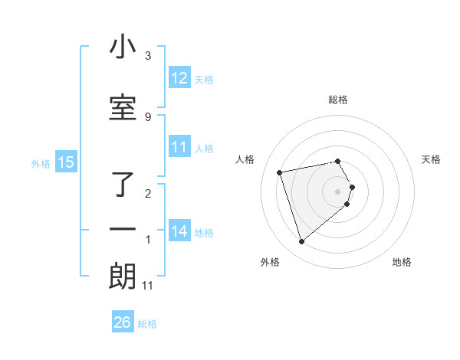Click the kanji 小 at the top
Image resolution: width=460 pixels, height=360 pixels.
tap(123, 47)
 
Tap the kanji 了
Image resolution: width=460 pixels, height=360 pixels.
tap(123, 184)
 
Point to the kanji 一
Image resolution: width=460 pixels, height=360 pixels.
tap(123, 229)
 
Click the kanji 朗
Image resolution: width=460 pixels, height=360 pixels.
tap(123, 276)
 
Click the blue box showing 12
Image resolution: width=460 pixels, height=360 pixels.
tap(179, 78)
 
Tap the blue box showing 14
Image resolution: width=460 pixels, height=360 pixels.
tap(179, 231)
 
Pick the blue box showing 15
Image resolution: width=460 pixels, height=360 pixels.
tap(65, 162)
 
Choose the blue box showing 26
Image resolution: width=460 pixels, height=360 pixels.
tap(123, 322)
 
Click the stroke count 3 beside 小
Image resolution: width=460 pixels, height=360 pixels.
tap(148, 56)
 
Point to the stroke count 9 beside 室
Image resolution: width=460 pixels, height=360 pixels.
tap(148, 116)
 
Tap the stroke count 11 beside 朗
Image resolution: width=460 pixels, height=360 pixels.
tap(148, 286)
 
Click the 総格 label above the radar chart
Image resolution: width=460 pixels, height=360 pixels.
tap(338, 100)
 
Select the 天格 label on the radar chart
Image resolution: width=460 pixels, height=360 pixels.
tap(432, 159)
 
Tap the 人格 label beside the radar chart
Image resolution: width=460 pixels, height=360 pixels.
tap(245, 159)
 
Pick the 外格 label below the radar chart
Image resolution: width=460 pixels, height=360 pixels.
tap(270, 263)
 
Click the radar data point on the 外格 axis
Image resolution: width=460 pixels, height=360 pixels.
tap(302, 242)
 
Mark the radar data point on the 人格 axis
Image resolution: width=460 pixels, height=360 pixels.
tap(280, 172)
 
